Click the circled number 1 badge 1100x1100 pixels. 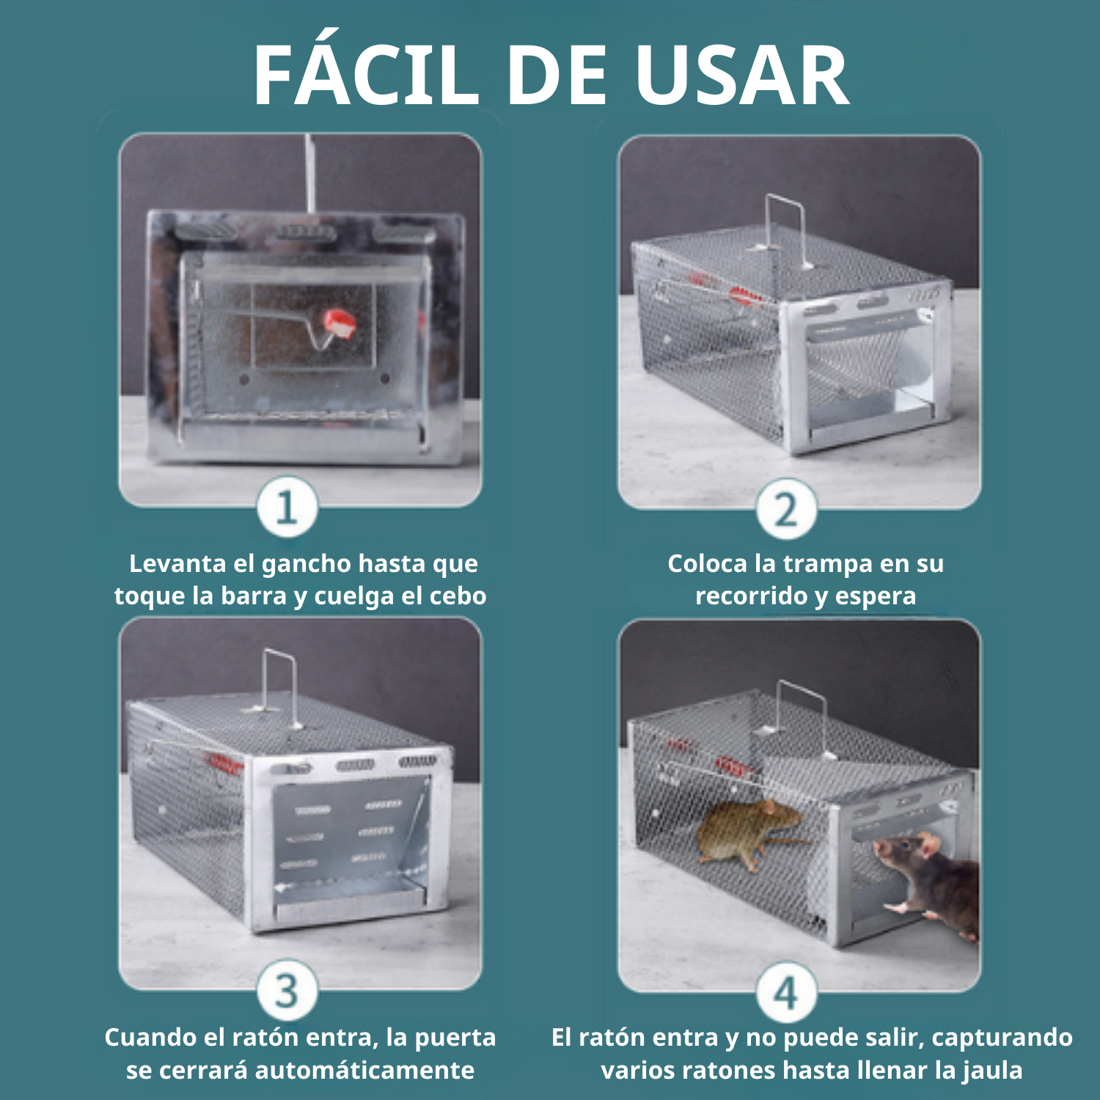click(x=287, y=507)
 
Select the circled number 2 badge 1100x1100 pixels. click(x=786, y=509)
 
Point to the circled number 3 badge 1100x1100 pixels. click(x=287, y=990)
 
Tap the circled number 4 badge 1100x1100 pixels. click(x=786, y=992)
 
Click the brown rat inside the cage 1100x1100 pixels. click(x=748, y=832)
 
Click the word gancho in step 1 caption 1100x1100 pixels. click(x=307, y=564)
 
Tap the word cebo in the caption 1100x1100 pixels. click(x=458, y=595)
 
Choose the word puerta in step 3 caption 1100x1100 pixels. click(x=455, y=1038)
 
